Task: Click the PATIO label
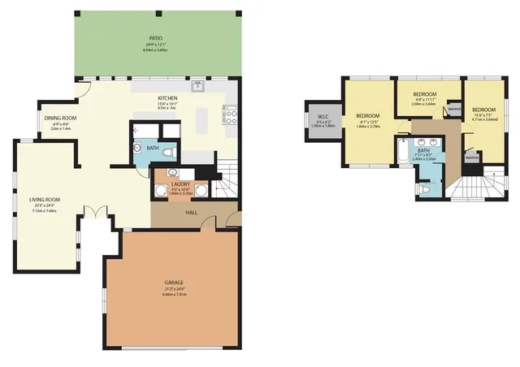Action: [x=155, y=38]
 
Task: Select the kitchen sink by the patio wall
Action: [x=197, y=85]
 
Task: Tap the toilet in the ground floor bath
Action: [x=168, y=151]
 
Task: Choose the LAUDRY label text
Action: [x=180, y=184]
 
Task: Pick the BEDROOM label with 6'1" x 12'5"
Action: [x=367, y=116]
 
